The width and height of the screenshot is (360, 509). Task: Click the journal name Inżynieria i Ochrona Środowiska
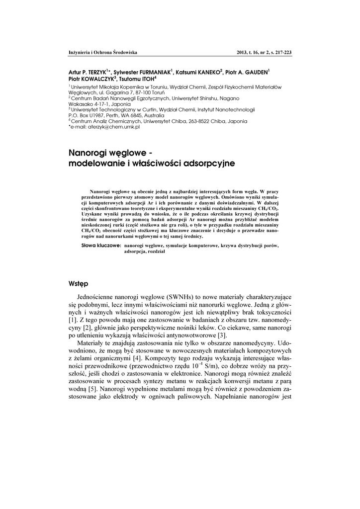pos(102,52)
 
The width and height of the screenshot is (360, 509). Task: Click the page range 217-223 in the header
pos(280,52)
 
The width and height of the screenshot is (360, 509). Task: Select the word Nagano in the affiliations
pos(230,98)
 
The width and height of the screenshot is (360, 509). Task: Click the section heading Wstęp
pos(78,284)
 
